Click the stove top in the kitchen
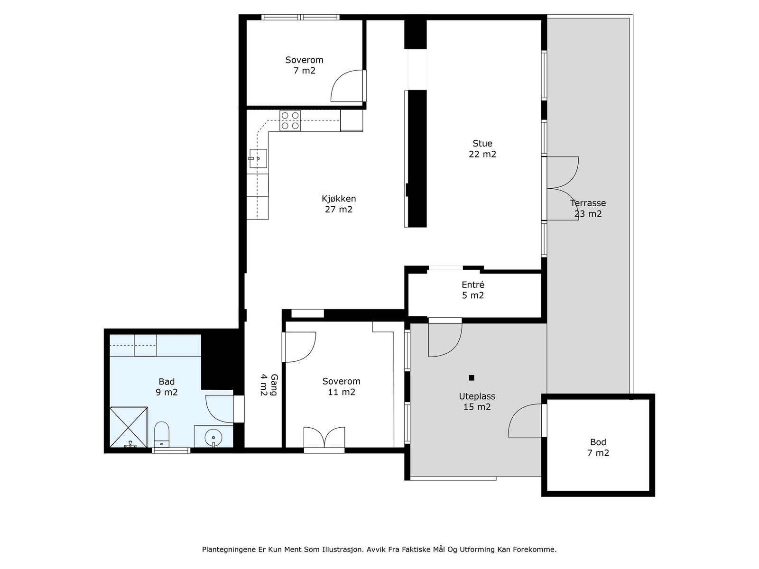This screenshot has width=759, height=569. click(x=290, y=120)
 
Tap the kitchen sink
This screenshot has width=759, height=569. click(x=258, y=158)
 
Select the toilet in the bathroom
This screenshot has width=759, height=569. click(x=161, y=434)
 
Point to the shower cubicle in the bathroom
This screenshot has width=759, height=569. click(x=129, y=427)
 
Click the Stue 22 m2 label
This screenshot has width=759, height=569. click(x=482, y=148)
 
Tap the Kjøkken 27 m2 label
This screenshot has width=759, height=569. click(x=339, y=204)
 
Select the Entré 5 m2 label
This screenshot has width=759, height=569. click(x=472, y=290)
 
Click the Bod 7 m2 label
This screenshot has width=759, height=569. click(x=598, y=448)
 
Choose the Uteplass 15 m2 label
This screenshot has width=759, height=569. click(x=477, y=402)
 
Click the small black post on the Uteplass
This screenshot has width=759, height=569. click(x=472, y=377)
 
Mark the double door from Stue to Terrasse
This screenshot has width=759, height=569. click(x=562, y=188)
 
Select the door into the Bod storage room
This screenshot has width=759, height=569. click(x=526, y=421)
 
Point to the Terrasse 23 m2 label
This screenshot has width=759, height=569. click(x=588, y=208)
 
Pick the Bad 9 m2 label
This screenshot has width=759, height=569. click(x=167, y=387)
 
